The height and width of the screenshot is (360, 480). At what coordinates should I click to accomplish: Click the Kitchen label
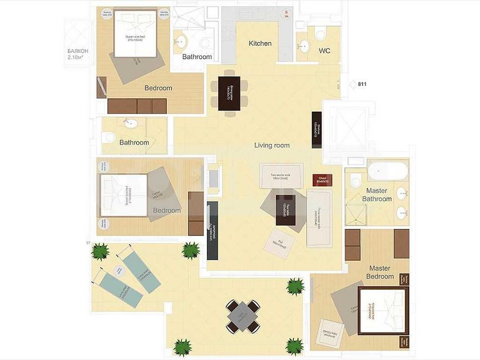tap(260, 44)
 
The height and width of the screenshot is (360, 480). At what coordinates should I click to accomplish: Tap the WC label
tap(324, 51)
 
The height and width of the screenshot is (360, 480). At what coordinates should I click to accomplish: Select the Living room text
tap(272, 146)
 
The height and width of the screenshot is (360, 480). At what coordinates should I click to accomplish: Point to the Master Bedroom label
tap(380, 272)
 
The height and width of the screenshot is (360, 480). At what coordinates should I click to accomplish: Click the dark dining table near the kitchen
tap(229, 93)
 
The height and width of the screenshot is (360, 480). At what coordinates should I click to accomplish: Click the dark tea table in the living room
tap(286, 210)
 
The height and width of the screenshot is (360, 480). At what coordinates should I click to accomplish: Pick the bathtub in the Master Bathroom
tap(387, 171)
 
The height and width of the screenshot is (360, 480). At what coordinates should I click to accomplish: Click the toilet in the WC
tap(320, 34)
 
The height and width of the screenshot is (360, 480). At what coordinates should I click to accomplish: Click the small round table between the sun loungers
tap(119, 269)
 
